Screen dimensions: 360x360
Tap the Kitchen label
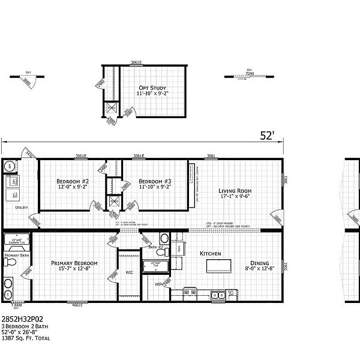pos(211,253)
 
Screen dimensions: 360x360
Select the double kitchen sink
pos(217,294)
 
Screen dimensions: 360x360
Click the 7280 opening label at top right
pos(251,71)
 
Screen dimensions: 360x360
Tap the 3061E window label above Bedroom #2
pos(80,156)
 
